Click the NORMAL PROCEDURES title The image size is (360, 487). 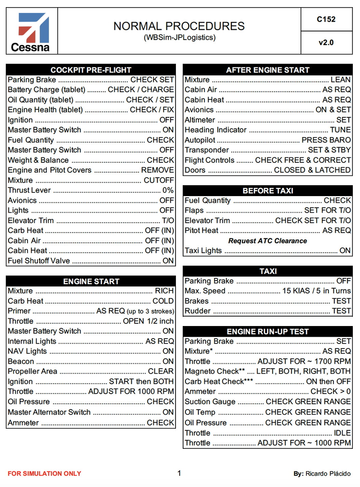pos(179,26)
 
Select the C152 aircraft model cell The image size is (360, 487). pos(326,19)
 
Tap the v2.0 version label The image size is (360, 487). pos(326,43)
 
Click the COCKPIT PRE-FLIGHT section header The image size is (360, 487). pos(90,70)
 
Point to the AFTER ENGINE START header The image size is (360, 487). pos(267,70)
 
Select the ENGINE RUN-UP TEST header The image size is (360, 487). pos(267,331)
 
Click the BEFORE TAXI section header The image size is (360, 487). pos(267,191)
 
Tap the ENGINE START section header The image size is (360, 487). pos(90,281)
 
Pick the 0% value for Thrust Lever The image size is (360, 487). pos(168,190)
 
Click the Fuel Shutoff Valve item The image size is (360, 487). pos(39,261)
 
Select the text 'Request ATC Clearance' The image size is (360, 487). pos(267,241)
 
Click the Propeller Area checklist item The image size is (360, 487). pos(32,371)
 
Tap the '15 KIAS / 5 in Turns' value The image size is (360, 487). pos(316,291)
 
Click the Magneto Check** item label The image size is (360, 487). pos(214,371)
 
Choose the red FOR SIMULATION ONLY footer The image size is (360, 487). pos(45,474)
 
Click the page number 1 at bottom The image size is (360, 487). pos(179,473)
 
